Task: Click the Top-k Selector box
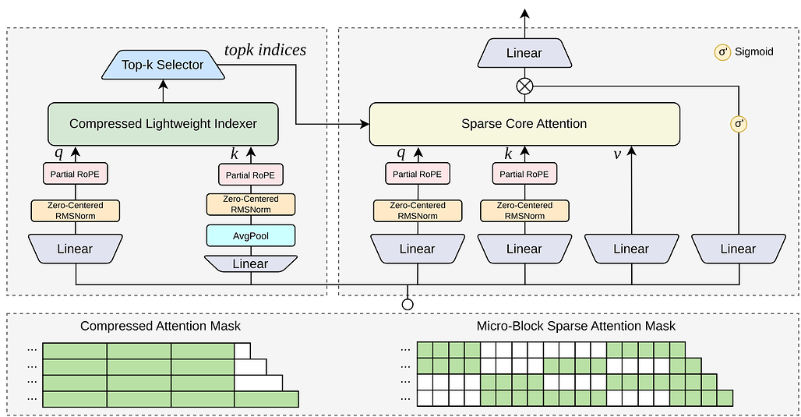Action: click(x=163, y=65)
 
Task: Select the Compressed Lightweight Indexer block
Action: click(x=163, y=124)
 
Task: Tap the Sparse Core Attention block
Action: click(x=524, y=124)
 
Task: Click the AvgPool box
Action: click(x=251, y=235)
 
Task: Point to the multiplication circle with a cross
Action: click(x=524, y=86)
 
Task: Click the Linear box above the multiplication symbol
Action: click(x=524, y=53)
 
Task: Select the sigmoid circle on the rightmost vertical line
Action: click(x=739, y=124)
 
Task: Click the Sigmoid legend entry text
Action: click(x=753, y=51)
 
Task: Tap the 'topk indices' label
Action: click(x=265, y=50)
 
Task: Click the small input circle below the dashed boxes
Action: click(x=408, y=305)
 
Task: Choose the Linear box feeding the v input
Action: click(x=631, y=249)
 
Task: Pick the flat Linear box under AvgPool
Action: click(x=251, y=263)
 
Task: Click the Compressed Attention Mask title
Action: click(x=161, y=326)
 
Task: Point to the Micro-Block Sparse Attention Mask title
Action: click(x=576, y=326)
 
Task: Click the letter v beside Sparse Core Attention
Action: click(x=617, y=154)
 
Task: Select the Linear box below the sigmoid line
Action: click(x=739, y=249)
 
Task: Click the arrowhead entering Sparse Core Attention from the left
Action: click(x=365, y=124)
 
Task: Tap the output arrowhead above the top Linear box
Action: click(x=524, y=13)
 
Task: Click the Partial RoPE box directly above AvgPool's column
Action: click(x=251, y=175)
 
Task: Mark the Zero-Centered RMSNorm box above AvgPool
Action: click(x=251, y=204)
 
